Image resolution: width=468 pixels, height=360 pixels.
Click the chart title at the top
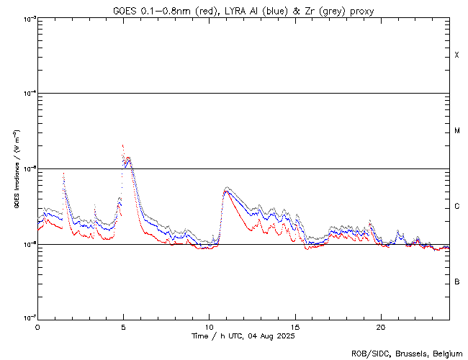(x=243, y=11)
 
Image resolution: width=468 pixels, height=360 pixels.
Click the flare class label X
(x=456, y=55)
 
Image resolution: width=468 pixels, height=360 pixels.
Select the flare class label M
(x=456, y=131)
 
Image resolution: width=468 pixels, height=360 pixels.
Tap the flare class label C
(x=456, y=207)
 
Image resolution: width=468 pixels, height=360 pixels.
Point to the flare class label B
(x=456, y=282)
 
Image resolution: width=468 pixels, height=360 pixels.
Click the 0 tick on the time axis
(x=37, y=326)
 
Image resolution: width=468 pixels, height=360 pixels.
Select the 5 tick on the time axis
(x=123, y=326)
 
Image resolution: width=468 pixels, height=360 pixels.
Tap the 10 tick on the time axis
(x=209, y=326)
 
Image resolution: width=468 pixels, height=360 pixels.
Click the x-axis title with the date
(x=243, y=336)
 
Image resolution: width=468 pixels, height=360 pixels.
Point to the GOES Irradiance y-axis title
(x=15, y=169)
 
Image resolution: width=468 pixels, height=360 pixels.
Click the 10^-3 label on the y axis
(x=28, y=19)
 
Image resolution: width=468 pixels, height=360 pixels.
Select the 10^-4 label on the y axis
(x=28, y=94)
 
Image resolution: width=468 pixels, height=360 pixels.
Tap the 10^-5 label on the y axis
(x=28, y=169)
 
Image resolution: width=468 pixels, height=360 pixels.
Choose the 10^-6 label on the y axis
(x=28, y=244)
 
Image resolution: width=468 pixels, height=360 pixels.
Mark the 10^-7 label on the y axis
(x=28, y=319)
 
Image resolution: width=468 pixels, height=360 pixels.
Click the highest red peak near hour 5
(x=122, y=145)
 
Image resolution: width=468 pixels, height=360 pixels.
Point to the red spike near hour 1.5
(x=64, y=174)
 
